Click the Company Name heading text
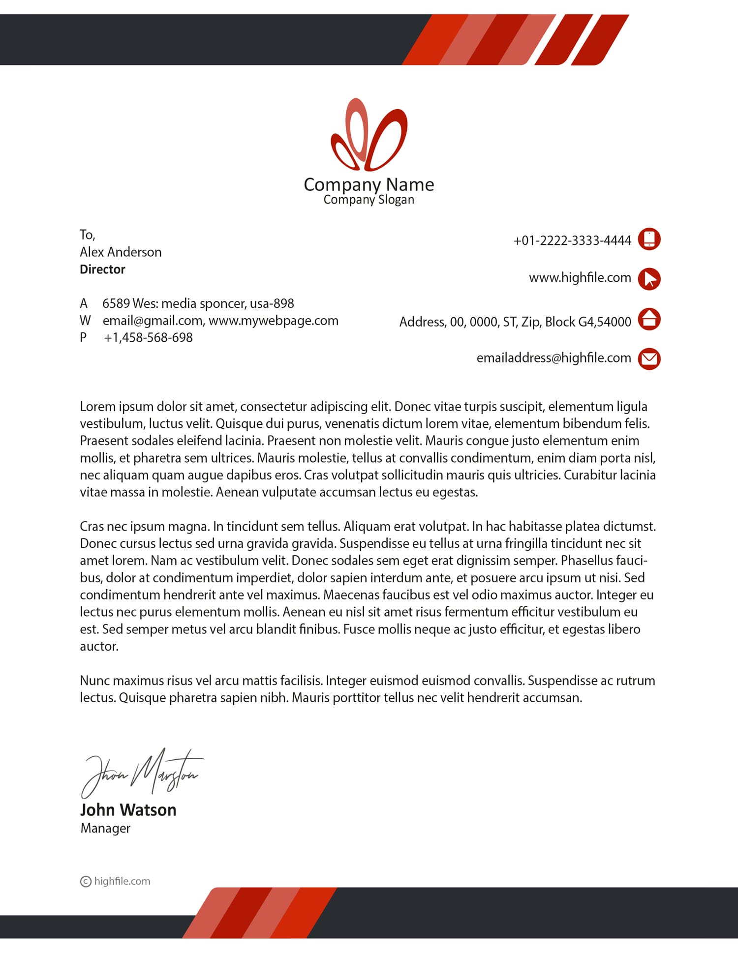pyautogui.click(x=369, y=184)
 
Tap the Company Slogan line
pyautogui.click(x=369, y=200)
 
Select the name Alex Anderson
pyautogui.click(x=121, y=252)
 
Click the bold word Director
pyautogui.click(x=102, y=269)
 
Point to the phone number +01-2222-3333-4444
pyautogui.click(x=572, y=240)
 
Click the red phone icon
pyautogui.click(x=649, y=239)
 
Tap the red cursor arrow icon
pyautogui.click(x=649, y=279)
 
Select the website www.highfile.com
pyautogui.click(x=580, y=277)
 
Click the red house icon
pyautogui.click(x=649, y=319)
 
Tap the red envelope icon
pyautogui.click(x=649, y=358)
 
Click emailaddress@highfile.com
pyautogui.click(x=553, y=358)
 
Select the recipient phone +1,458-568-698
pyautogui.click(x=148, y=338)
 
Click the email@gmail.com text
pyautogui.click(x=153, y=321)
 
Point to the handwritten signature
pyautogui.click(x=143, y=773)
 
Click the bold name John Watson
pyautogui.click(x=128, y=810)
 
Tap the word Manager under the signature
pyautogui.click(x=105, y=828)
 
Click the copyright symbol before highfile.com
pyautogui.click(x=86, y=882)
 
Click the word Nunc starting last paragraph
pyautogui.click(x=95, y=681)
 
